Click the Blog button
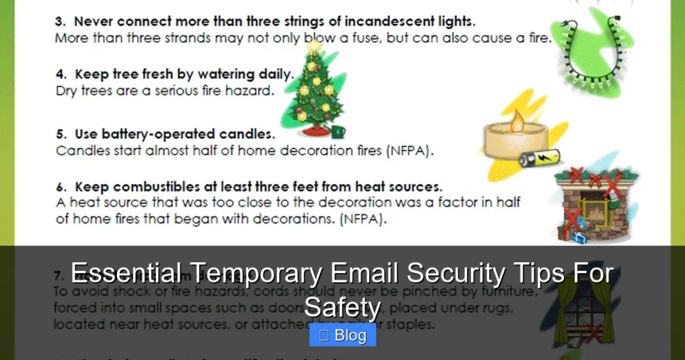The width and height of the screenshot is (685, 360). [342, 336]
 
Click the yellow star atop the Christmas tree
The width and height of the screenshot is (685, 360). [314, 48]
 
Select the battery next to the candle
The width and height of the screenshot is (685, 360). [539, 159]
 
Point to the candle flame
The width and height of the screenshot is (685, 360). [516, 122]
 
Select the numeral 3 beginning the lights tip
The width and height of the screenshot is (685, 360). [59, 21]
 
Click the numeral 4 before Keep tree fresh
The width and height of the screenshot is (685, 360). [59, 74]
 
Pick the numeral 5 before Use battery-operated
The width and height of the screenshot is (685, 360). [59, 134]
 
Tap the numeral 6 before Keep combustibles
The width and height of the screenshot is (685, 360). [59, 187]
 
